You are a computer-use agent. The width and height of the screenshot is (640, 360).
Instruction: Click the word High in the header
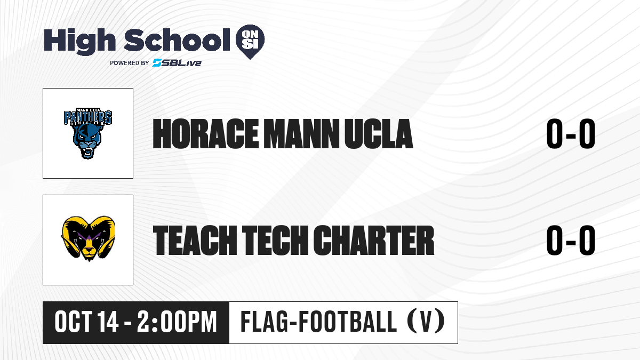(79, 42)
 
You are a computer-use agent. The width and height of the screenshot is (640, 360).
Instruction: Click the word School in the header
(177, 40)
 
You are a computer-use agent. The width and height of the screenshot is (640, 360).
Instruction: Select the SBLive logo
(177, 62)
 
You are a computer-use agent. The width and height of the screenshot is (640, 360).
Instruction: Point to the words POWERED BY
(130, 63)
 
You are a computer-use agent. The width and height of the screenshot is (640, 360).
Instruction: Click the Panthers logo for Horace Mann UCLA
(88, 133)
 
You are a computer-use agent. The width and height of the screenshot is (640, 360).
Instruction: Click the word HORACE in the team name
(206, 134)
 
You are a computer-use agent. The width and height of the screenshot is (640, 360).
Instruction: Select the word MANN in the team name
(301, 134)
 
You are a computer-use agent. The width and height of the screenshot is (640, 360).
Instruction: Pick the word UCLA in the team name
(379, 134)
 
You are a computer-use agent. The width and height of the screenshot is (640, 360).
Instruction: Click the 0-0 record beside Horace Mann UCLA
(571, 134)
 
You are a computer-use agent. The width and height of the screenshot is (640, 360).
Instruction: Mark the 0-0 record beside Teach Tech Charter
(571, 240)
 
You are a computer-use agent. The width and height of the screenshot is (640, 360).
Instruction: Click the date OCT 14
(86, 322)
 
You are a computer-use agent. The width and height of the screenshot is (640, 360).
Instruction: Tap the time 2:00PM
(177, 322)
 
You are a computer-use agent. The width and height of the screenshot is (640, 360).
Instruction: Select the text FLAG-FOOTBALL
(318, 322)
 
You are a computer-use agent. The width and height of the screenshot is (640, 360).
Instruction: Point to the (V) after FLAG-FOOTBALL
(426, 322)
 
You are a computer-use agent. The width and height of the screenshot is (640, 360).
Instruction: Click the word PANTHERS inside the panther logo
(88, 117)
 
